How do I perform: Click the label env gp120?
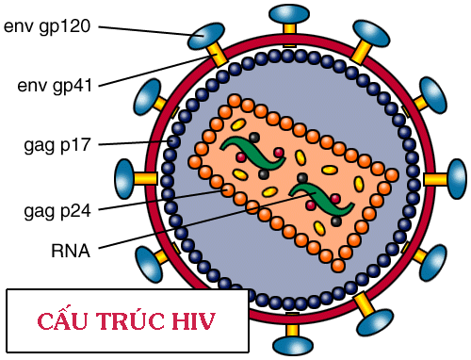coord(47,25)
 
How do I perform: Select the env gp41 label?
coord(55,86)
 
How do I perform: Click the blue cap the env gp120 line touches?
coord(201,37)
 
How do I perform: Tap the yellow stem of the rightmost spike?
coord(434,177)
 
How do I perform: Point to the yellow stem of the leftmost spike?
coord(147,178)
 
